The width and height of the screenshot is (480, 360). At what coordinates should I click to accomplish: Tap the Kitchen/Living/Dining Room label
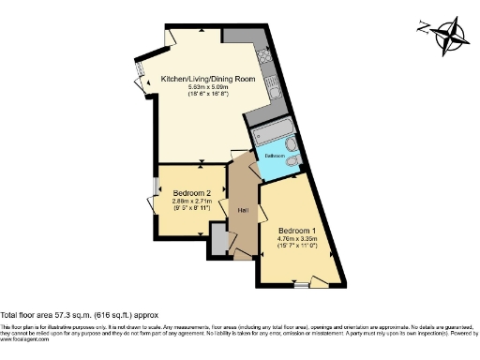pyautogui.click(x=207, y=79)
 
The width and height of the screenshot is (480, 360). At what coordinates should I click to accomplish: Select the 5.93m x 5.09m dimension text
pyautogui.click(x=207, y=87)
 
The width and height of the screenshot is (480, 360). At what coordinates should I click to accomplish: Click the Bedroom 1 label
pyautogui.click(x=297, y=230)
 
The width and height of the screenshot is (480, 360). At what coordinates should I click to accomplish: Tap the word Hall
pyautogui.click(x=242, y=209)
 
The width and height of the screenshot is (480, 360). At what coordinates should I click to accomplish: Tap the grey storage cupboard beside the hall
pyautogui.click(x=218, y=240)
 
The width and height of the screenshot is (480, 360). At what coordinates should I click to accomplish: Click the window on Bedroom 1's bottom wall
pyautogui.click(x=301, y=280)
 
